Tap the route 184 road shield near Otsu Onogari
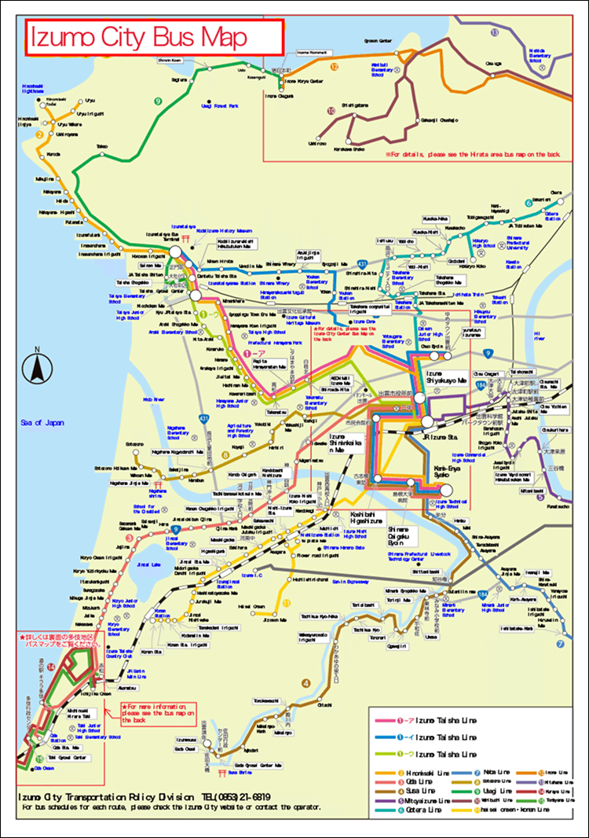pyautogui.click(x=479, y=384)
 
